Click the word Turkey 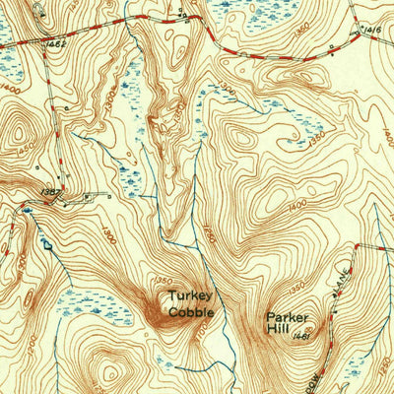tap(190, 295)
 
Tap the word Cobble tap(190, 311)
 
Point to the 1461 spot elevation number tap(303, 335)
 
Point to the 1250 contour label tap(209, 238)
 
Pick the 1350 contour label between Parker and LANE tap(317, 293)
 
